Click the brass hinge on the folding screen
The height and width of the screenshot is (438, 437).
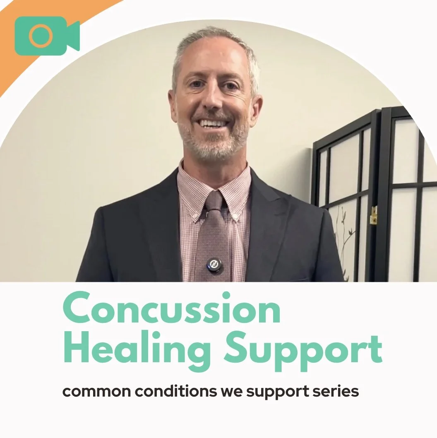click(374, 215)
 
